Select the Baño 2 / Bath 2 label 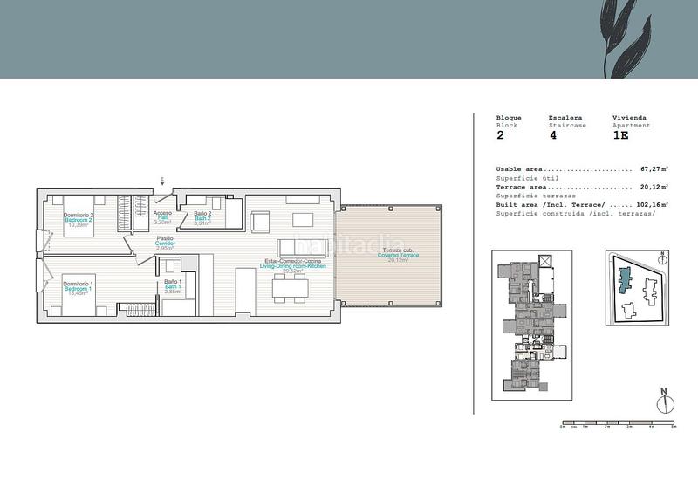[x=202, y=218]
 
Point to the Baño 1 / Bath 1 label [x=172, y=287]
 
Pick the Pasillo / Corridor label [x=165, y=243]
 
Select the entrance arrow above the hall [x=162, y=182]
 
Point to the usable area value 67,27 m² [x=654, y=169]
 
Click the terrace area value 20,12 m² [x=654, y=187]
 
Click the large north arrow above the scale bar [x=664, y=402]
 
